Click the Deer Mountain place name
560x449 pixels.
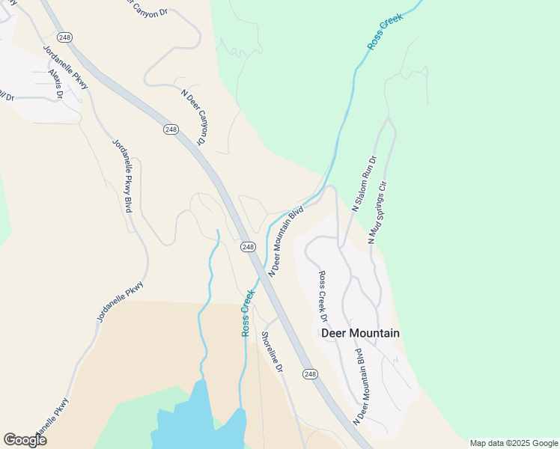pyautogui.click(x=360, y=333)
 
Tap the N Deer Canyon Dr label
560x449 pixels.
pyautogui.click(x=193, y=117)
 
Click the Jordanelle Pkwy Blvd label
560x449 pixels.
pyautogui.click(x=121, y=176)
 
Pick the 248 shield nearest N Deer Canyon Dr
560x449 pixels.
pyautogui.click(x=171, y=129)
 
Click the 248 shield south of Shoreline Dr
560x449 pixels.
pyautogui.click(x=311, y=373)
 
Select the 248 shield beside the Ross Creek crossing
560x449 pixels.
pyautogui.click(x=249, y=246)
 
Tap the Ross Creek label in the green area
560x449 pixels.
pyautogui.click(x=386, y=31)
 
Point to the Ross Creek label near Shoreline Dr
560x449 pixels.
pyautogui.click(x=247, y=313)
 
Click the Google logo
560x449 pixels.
pyautogui.click(x=25, y=440)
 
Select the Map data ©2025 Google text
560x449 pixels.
pyautogui.click(x=514, y=443)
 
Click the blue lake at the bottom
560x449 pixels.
pyautogui.click(x=198, y=423)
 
